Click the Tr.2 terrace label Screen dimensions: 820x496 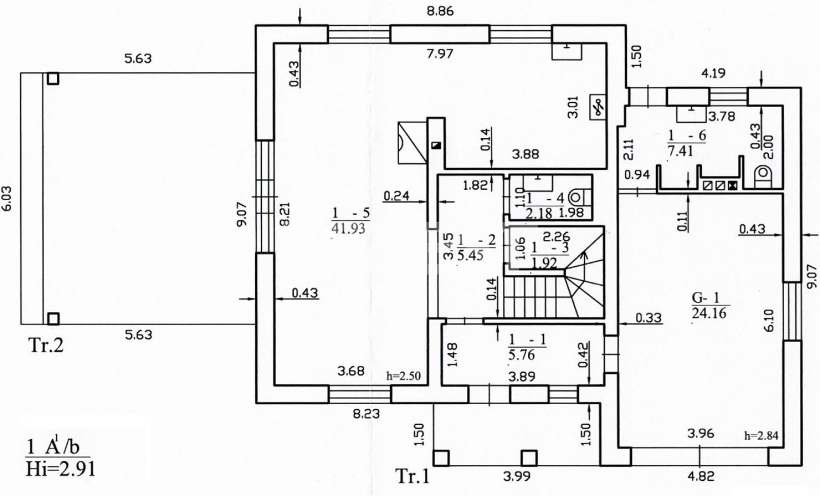click(x=46, y=345)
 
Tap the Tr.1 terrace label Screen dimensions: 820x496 click(x=412, y=476)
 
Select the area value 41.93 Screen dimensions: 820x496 click(x=348, y=229)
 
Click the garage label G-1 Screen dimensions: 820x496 click(x=705, y=298)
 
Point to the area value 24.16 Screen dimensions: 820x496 click(x=709, y=313)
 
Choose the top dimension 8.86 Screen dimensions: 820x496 click(x=440, y=11)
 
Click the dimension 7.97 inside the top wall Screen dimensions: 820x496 click(x=440, y=54)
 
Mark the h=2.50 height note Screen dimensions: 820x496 click(x=403, y=376)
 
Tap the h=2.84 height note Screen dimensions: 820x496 click(x=761, y=435)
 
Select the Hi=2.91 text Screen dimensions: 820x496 click(x=60, y=468)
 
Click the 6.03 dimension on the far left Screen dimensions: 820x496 click(x=7, y=198)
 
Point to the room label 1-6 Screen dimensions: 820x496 click(x=687, y=136)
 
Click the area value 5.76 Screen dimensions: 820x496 click(x=522, y=354)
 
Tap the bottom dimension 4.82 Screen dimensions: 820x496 click(x=701, y=477)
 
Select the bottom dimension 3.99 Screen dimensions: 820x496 click(x=517, y=477)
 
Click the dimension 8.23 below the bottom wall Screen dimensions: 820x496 click(x=366, y=414)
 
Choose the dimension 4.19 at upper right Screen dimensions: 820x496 click(x=713, y=73)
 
